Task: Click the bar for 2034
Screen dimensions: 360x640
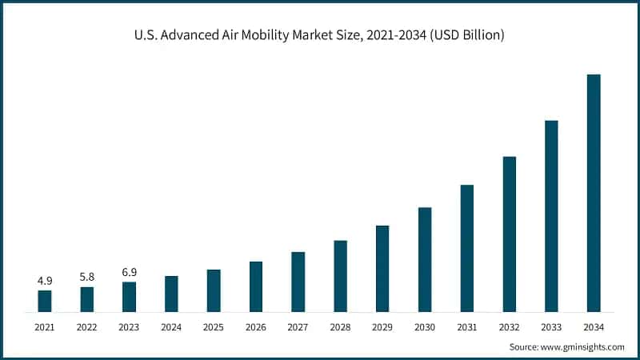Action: click(594, 193)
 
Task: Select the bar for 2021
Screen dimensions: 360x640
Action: click(45, 301)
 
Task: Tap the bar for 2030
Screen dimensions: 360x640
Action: click(425, 259)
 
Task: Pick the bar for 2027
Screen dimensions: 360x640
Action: click(298, 282)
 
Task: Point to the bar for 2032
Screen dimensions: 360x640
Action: click(510, 234)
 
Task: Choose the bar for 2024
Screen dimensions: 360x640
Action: click(171, 294)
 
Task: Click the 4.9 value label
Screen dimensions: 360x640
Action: click(45, 281)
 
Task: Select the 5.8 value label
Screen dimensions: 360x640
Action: click(87, 277)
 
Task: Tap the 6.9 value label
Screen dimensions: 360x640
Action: click(129, 273)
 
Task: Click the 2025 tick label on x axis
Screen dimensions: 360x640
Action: click(214, 327)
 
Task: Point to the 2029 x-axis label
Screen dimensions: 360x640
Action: click(382, 327)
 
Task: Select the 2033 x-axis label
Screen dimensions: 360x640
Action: click(551, 327)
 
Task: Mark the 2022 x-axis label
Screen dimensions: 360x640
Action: click(87, 327)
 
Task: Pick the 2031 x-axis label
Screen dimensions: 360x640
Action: click(467, 327)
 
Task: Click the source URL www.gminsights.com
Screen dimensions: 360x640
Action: click(585, 346)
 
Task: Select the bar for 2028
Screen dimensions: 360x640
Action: click(340, 276)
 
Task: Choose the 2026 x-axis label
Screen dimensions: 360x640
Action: click(256, 327)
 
